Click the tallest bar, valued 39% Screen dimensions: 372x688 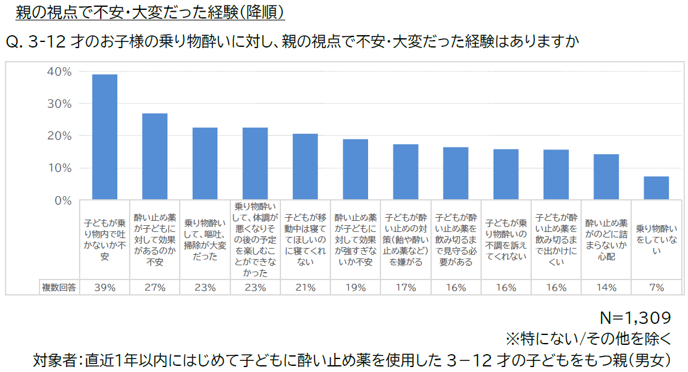tap(104, 137)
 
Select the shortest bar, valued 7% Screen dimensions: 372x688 tap(657, 188)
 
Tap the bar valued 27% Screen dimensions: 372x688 tap(154, 157)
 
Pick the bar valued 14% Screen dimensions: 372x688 tap(606, 177)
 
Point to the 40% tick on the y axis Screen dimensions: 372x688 tap(59, 72)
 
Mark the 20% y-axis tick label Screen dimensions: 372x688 tap(59, 136)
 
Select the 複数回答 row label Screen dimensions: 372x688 tap(59, 287)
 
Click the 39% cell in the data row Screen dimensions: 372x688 tap(104, 287)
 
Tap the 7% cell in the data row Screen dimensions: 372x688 tap(657, 287)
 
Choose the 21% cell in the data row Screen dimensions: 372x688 tap(305, 287)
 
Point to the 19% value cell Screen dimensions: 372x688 tap(355, 287)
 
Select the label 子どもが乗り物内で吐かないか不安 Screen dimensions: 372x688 tap(104, 239)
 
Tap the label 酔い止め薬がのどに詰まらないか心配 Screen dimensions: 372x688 tap(606, 239)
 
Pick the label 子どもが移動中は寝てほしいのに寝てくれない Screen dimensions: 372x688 tap(305, 239)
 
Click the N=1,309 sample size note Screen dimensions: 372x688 tap(636, 318)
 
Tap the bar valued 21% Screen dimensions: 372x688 tap(305, 167)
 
